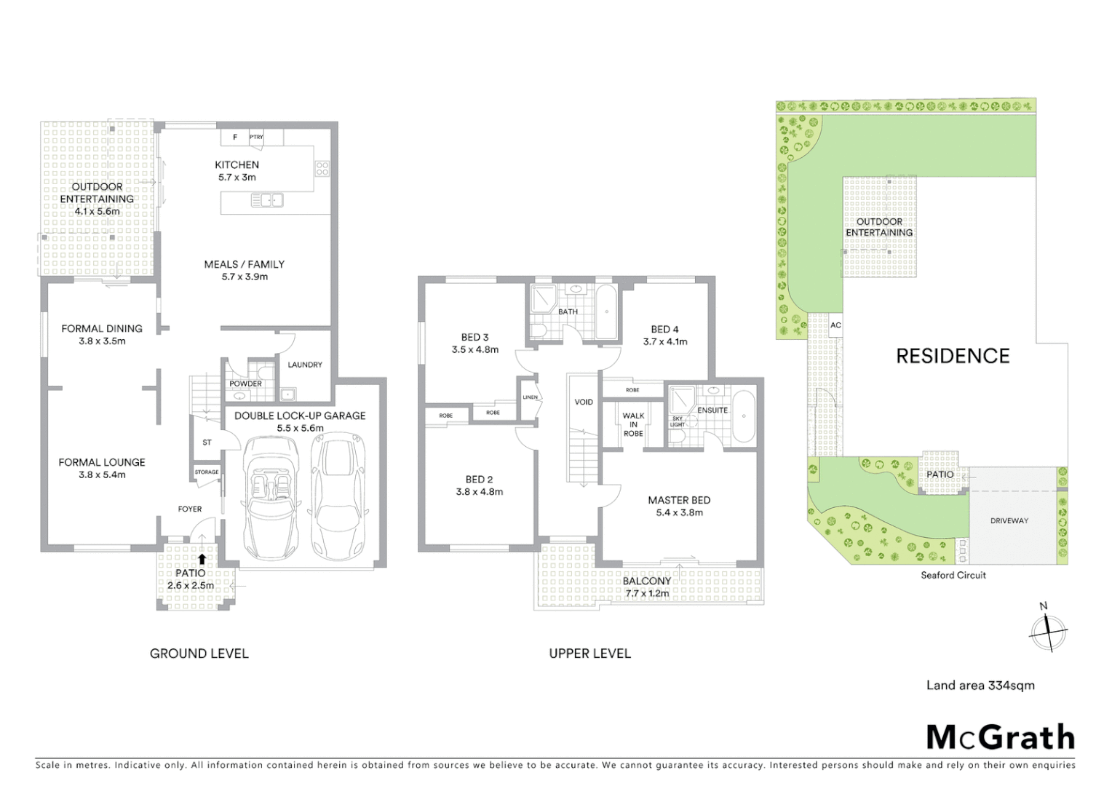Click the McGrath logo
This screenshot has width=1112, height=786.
point(1000,737)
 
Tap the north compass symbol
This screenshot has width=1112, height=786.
point(1048,630)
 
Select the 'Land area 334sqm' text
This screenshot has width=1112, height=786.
point(980,685)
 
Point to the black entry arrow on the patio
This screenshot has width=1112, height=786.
point(202,560)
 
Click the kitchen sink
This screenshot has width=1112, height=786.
point(267,199)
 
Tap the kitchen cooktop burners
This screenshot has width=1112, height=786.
point(322,169)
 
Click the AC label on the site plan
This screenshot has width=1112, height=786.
point(835,325)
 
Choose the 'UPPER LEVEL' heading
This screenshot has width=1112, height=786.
point(589,654)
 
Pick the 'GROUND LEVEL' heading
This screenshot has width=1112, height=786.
point(199,654)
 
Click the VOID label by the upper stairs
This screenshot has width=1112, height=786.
point(584,402)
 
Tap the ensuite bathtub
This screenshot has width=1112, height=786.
point(744,416)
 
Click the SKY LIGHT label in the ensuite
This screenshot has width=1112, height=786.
point(678,421)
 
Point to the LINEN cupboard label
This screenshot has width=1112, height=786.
point(530,397)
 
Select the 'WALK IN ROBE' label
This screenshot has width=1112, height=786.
point(633,424)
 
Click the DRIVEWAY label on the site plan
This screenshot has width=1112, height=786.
point(1009,520)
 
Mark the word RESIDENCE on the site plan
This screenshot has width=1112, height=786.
point(952,356)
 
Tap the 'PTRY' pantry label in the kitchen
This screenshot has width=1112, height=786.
point(256,137)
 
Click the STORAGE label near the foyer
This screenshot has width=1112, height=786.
point(207,472)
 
